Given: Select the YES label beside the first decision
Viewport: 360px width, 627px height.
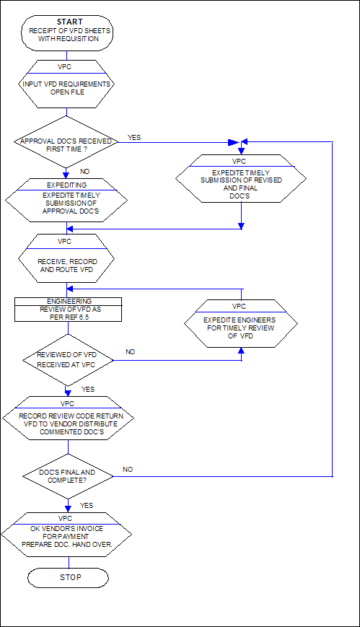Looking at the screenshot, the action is (x=134, y=138).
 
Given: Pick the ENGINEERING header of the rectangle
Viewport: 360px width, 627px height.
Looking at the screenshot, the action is (x=69, y=301).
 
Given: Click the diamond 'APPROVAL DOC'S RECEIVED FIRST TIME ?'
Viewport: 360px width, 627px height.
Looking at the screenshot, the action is (x=66, y=141).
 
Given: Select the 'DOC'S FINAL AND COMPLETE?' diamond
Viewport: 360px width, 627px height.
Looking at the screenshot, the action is (x=68, y=476).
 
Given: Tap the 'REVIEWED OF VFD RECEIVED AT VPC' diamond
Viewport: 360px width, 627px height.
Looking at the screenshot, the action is (x=68, y=360).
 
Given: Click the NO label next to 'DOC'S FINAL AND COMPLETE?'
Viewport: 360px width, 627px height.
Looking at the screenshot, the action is (x=128, y=470).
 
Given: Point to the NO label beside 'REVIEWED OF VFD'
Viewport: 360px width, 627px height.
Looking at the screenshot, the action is (x=131, y=352).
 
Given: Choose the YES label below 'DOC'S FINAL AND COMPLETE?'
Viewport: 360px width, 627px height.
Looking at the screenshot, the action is (x=87, y=506).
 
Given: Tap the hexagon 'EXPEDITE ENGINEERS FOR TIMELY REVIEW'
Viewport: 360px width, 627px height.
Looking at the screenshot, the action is (x=241, y=324).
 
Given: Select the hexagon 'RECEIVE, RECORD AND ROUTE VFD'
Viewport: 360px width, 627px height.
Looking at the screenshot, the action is (x=66, y=259).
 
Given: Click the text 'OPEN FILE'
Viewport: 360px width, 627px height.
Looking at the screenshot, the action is (x=66, y=92).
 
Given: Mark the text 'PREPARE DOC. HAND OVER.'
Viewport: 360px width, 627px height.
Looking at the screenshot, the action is (x=66, y=544).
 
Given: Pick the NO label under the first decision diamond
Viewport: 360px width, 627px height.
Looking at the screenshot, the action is (x=85, y=172).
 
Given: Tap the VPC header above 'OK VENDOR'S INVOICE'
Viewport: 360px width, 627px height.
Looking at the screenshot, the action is (x=65, y=519).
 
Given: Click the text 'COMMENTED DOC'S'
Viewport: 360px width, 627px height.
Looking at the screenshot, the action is (x=67, y=432).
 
